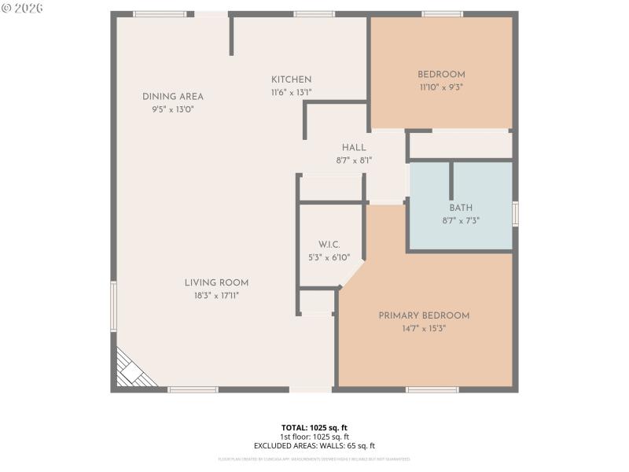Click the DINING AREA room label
point(173,97)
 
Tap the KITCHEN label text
point(292,79)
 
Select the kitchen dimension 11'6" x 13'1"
point(292,92)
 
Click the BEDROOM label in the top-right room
point(441,75)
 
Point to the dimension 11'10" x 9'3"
point(441,87)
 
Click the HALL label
point(354,148)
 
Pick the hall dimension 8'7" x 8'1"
point(354,160)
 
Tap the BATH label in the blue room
point(461,208)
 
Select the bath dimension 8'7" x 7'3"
point(461,221)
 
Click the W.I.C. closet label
point(329,245)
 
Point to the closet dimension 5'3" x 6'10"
point(329,257)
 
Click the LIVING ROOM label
point(216,283)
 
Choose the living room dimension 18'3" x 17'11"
point(216,296)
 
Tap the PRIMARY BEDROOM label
point(424,315)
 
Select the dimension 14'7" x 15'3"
point(424,328)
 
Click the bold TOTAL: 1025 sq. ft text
point(314,428)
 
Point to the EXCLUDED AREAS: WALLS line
point(314,445)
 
